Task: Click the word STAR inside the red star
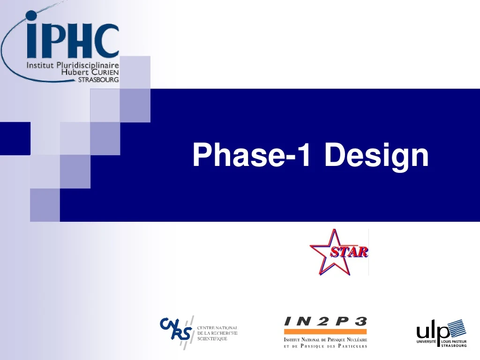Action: pos(350,252)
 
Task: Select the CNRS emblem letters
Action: pos(176,328)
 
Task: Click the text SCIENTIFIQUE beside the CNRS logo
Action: pos(212,338)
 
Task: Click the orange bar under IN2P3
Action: pos(325,331)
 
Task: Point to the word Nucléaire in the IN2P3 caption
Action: pos(354,339)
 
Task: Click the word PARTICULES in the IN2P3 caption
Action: pos(350,346)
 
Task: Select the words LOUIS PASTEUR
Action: pos(454,342)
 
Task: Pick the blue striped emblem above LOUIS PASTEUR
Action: pos(455,329)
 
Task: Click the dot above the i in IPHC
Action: pos(32,16)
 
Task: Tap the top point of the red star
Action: pos(334,230)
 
